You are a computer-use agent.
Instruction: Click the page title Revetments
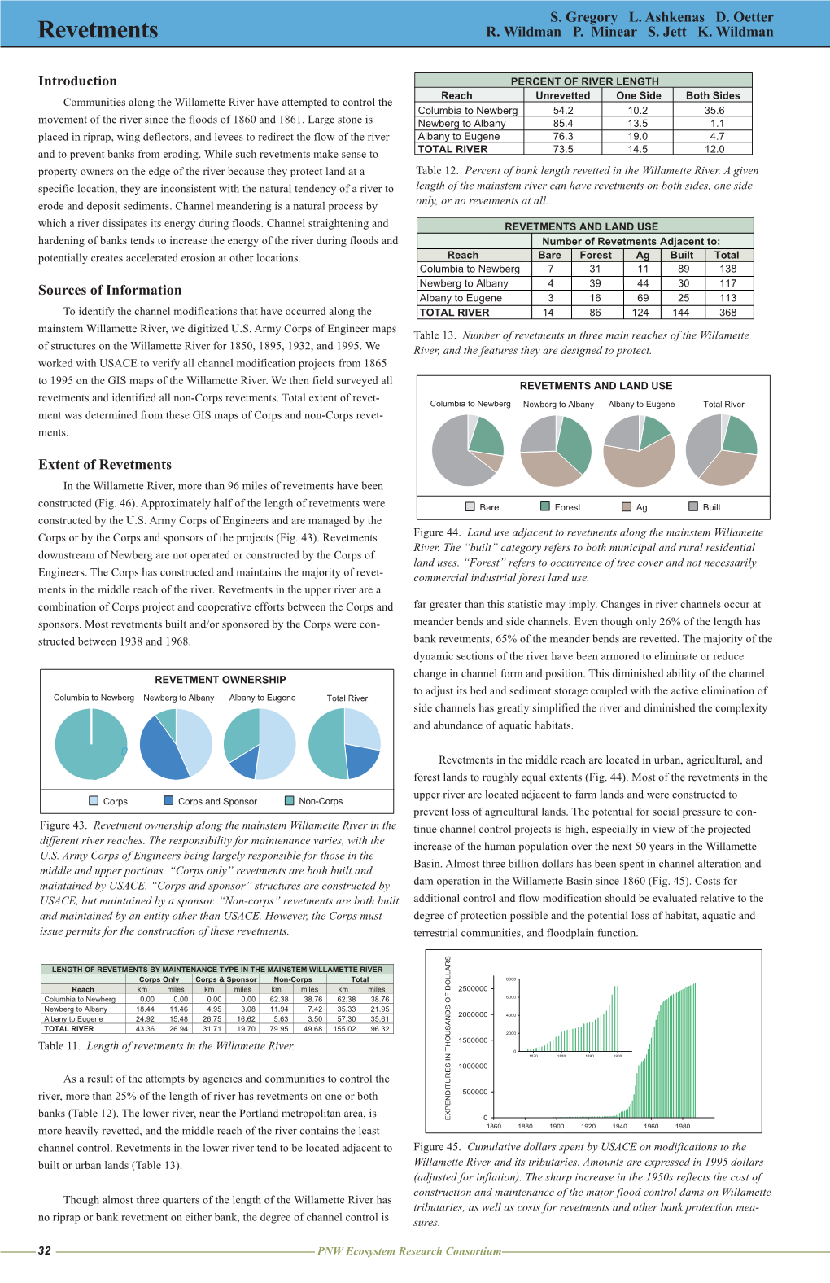pos(98,30)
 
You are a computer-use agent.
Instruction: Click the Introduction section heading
pos(77,81)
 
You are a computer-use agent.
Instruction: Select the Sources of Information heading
pos(110,291)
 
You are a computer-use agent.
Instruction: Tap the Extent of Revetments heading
pos(105,465)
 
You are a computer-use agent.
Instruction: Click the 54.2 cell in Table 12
pos(563,111)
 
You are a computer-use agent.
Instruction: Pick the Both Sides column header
pos(713,96)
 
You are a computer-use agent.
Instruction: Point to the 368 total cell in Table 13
pos(727,313)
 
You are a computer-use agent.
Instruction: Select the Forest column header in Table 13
pos(596,256)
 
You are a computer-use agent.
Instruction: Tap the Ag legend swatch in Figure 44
pos(627,507)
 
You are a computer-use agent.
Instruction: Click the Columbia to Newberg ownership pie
pos(91,744)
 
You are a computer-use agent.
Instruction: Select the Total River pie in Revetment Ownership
pos(344,744)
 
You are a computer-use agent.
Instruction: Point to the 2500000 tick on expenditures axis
pos(473,988)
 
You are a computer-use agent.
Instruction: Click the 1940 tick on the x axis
pos(620,1127)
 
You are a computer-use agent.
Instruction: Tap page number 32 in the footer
pos(45,1251)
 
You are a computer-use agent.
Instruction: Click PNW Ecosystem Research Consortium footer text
pos(409,1251)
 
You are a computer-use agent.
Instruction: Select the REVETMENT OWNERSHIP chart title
pos(221,680)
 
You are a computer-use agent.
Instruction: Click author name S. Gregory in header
pos(583,17)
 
